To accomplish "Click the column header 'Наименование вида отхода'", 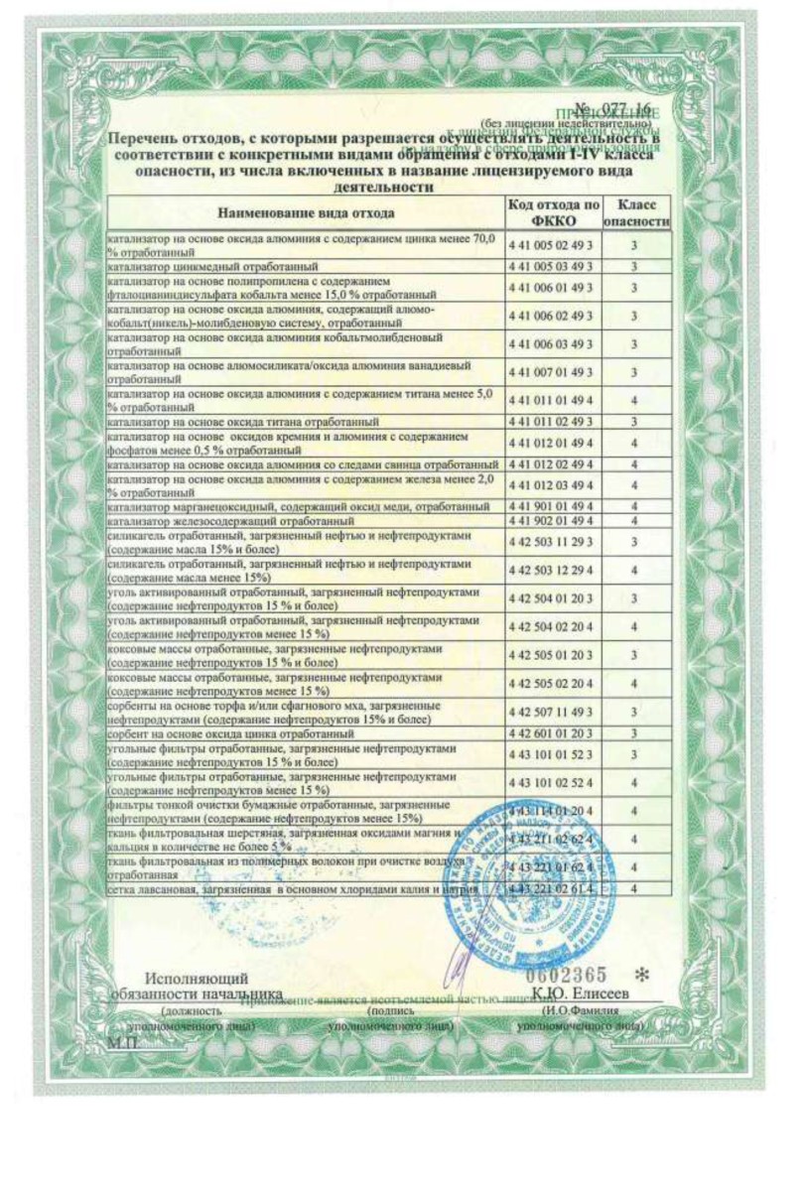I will pos(307,212).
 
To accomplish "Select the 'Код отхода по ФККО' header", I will pos(554,211).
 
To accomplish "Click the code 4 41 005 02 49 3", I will pos(550,244).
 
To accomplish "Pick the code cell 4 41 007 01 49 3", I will pos(550,372).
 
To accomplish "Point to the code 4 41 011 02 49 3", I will pos(550,421).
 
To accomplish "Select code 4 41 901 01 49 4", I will pos(550,507).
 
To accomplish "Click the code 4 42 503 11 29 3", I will pos(550,541).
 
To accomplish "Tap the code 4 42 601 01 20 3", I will pos(550,732).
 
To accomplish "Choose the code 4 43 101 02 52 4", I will pos(550,783).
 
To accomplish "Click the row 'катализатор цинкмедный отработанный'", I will pos(213,267).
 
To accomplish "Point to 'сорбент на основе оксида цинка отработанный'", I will pos(226,732).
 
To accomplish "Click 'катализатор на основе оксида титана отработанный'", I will pos(243,421).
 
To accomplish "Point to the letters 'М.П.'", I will pos(123,1043).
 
